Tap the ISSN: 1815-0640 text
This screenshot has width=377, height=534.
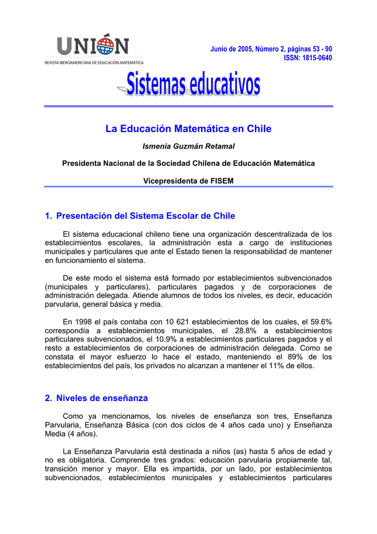[307, 57]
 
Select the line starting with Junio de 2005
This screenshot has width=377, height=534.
[271, 48]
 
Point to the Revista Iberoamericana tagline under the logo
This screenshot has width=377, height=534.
[94, 62]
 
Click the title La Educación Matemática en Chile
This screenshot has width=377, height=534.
[188, 129]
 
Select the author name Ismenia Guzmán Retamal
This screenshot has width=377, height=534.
[188, 147]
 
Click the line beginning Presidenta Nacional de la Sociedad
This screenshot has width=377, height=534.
[188, 163]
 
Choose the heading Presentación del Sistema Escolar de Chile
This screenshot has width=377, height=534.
[145, 216]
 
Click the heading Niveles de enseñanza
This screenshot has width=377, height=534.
[102, 398]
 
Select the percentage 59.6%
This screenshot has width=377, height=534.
[320, 322]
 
